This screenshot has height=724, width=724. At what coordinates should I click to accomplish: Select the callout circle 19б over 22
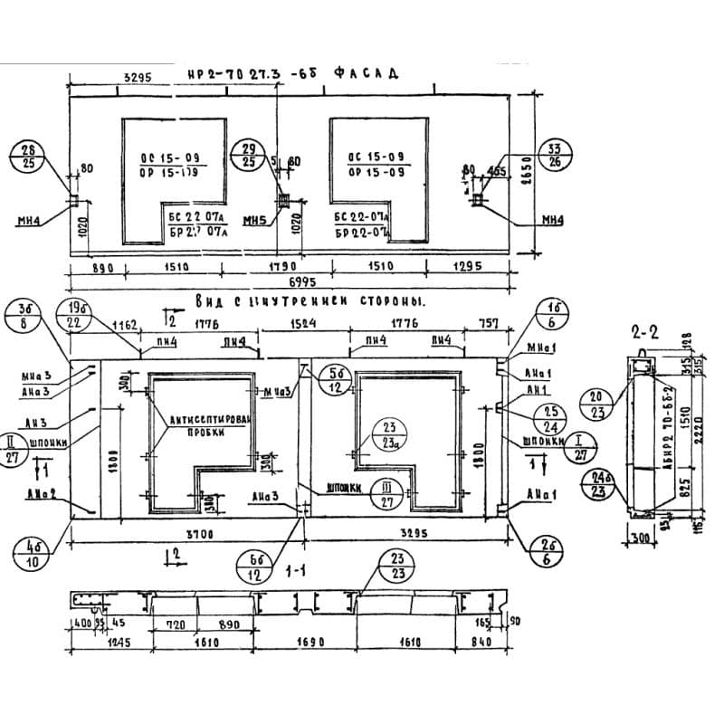click(76, 315)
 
